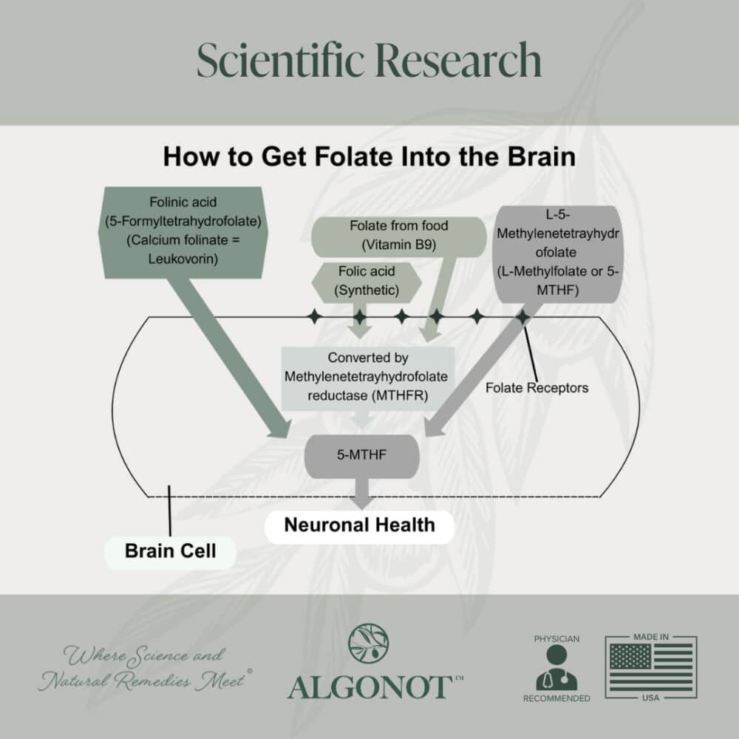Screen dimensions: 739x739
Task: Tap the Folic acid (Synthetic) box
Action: click(368, 280)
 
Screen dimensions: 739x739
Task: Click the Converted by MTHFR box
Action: click(366, 377)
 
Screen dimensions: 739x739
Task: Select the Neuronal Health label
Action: click(359, 525)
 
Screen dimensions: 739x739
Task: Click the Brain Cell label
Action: click(170, 551)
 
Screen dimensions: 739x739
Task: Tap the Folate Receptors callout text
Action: click(537, 386)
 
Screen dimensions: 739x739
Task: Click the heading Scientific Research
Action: click(369, 61)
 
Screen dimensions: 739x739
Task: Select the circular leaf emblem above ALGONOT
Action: click(369, 642)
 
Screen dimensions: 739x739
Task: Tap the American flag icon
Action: click(650, 667)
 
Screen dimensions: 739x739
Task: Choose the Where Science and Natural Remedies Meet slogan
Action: click(144, 667)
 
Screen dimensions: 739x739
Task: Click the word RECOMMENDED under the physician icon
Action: click(556, 698)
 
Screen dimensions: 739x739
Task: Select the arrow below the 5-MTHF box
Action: click(361, 494)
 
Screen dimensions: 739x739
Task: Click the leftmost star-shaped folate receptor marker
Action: click(316, 317)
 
